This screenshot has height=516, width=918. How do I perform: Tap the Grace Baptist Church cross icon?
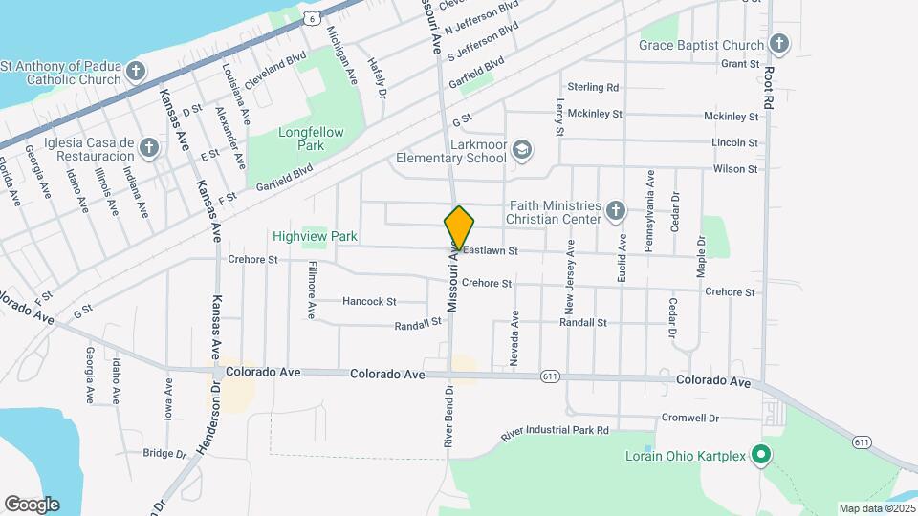coord(779,44)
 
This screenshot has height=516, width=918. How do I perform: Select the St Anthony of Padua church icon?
coord(137,72)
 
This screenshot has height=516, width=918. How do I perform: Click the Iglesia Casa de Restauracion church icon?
coord(148,147)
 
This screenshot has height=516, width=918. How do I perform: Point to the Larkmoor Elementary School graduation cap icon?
coord(522,150)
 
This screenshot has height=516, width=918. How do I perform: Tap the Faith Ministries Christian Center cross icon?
coord(616,210)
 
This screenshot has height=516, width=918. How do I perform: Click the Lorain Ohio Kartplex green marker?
coord(761,455)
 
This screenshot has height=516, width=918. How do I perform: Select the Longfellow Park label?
coord(298,140)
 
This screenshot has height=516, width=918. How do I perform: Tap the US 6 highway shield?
coord(312,18)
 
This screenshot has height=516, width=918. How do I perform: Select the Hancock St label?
coord(369,302)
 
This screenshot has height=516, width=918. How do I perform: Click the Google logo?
coord(32,504)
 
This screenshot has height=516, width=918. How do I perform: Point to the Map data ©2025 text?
coord(877,508)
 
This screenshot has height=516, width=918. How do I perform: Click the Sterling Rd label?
coord(593,87)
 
